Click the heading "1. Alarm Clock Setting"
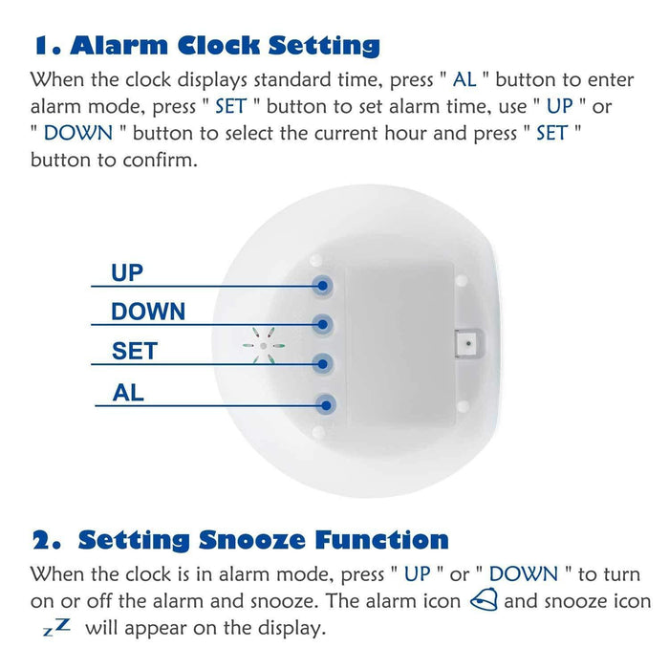(206, 45)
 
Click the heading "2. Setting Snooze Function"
(240, 539)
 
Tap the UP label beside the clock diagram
(127, 272)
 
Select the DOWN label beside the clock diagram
(148, 312)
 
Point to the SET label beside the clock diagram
(134, 351)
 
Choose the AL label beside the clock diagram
(128, 392)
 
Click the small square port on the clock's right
(467, 341)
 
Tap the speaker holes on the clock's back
(262, 346)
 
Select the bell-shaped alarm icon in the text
(486, 602)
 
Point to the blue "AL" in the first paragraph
(464, 79)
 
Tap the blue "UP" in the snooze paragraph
(418, 575)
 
